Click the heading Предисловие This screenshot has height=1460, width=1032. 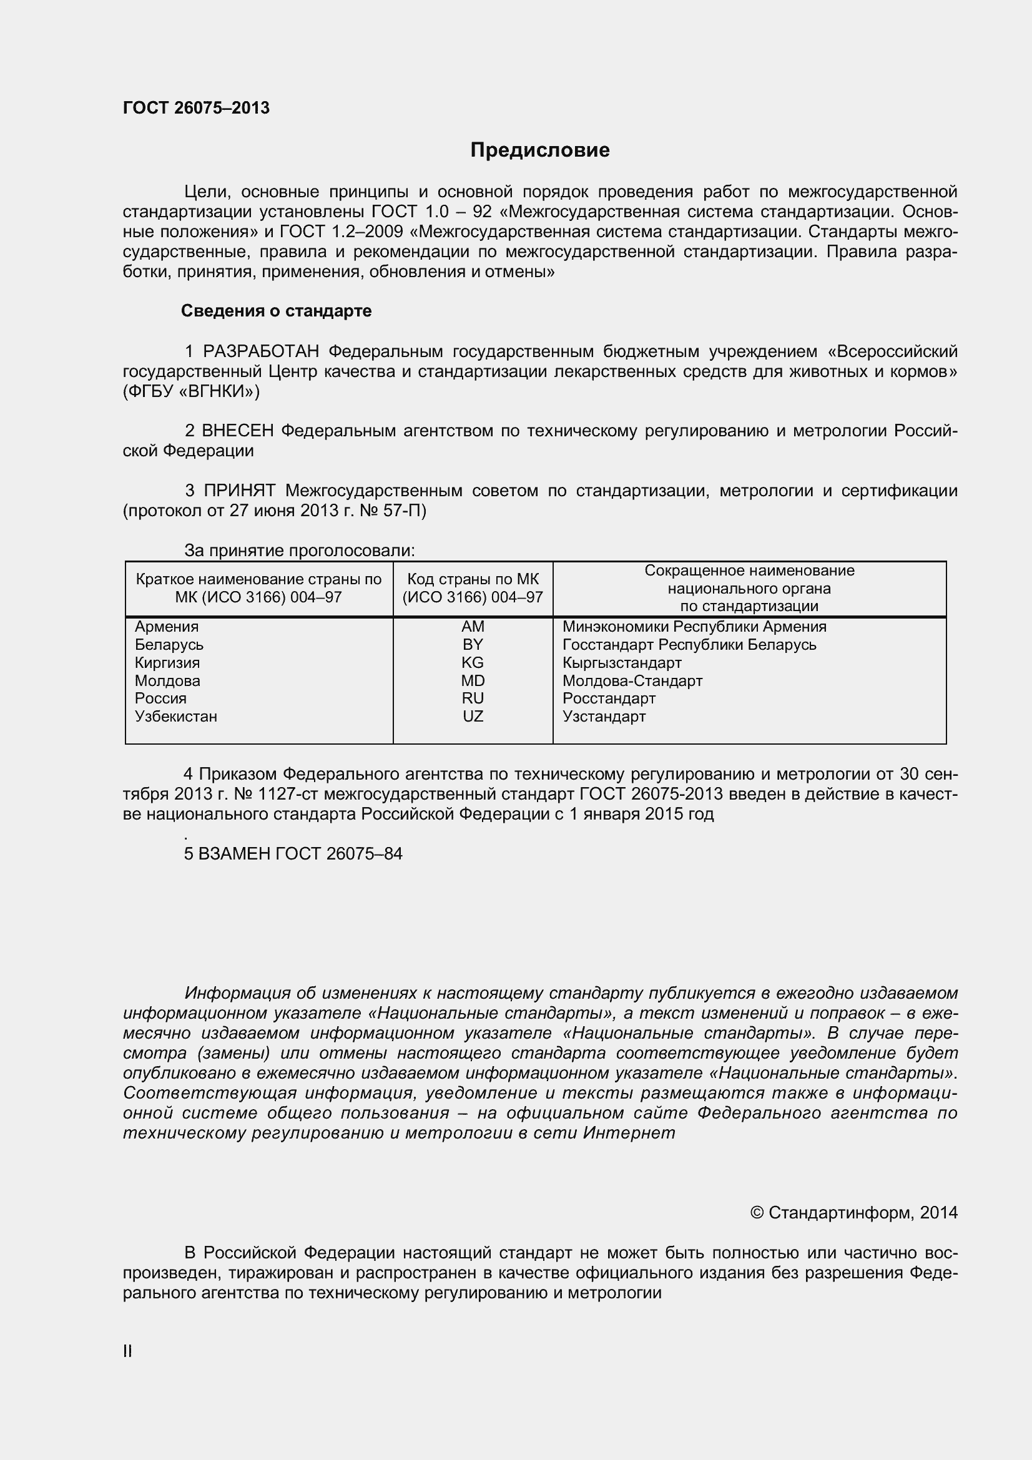[540, 150]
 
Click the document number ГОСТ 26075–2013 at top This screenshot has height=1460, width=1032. [196, 108]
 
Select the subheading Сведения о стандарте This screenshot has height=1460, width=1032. [276, 311]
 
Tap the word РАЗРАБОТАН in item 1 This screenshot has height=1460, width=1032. [261, 351]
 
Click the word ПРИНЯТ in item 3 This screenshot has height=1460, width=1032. [240, 491]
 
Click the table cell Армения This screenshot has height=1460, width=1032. [167, 627]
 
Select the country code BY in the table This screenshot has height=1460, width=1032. [473, 645]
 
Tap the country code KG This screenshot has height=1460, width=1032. [473, 663]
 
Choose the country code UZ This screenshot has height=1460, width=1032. [473, 717]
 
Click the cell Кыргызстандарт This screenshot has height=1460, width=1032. [621, 663]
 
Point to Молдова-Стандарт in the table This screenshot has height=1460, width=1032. [632, 681]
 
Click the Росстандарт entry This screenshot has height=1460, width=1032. [609, 698]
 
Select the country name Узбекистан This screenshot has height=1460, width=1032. [176, 717]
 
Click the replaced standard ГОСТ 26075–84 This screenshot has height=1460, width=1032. [338, 854]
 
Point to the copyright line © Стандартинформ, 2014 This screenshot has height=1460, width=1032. [853, 1213]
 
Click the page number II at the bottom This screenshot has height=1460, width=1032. [127, 1352]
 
